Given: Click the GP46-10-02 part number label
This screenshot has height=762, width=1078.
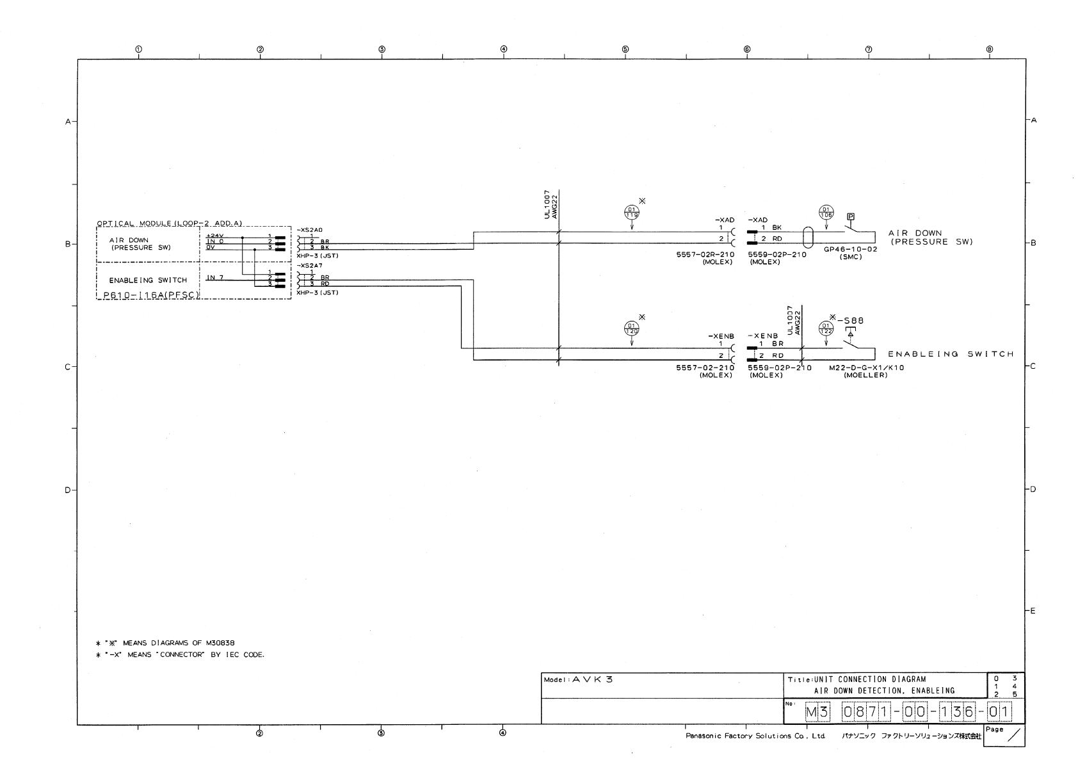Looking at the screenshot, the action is pos(850,250).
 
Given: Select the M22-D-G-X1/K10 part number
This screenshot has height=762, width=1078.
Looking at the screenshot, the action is pos(866,368).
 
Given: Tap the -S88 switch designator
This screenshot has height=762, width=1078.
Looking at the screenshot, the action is pos(851,321).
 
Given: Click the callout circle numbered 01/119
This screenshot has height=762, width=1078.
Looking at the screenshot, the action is pos(631,213).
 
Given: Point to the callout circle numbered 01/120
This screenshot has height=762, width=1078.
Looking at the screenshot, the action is pos(632,329).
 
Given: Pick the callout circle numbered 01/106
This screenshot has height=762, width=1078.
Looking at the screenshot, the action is pos(826,213).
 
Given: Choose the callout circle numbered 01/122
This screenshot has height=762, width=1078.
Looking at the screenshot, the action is pos(826,329).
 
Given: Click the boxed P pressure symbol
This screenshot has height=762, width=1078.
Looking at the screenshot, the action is pos(851,217).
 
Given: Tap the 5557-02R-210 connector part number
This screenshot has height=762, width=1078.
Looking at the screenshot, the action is pos(704,254).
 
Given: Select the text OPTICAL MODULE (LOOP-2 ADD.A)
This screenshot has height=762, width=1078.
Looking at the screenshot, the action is pos(170,223).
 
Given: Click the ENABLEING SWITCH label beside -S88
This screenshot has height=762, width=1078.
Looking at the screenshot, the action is pos(951,354).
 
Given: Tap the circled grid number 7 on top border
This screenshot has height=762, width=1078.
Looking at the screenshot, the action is pos(868,49).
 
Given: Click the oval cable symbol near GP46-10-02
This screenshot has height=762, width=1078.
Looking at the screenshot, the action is pos(807,237).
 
